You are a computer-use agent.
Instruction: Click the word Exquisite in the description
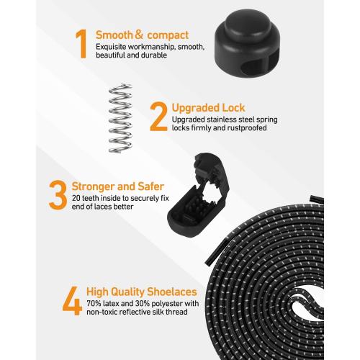[x=112, y=47]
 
